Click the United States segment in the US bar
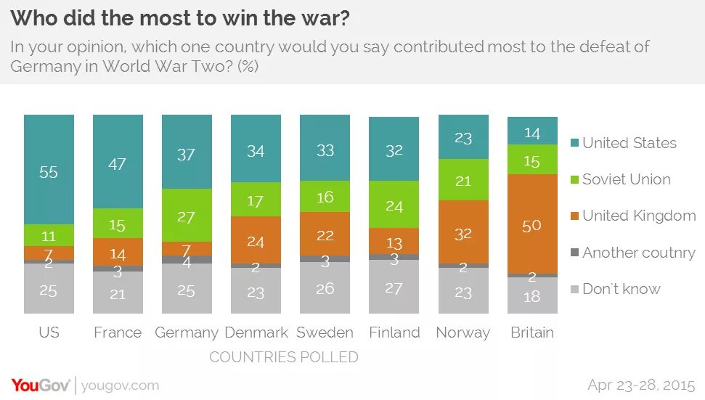49,170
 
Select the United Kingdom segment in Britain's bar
532,224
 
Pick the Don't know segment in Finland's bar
394,287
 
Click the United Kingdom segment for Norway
463,232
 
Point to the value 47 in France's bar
118,164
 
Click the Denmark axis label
256,332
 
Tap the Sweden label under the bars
325,332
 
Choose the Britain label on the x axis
532,332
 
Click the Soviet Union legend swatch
574,179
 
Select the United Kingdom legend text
639,216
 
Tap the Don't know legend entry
621,289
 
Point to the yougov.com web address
120,385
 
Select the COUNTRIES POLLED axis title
283,357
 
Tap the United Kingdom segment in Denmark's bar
256,240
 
